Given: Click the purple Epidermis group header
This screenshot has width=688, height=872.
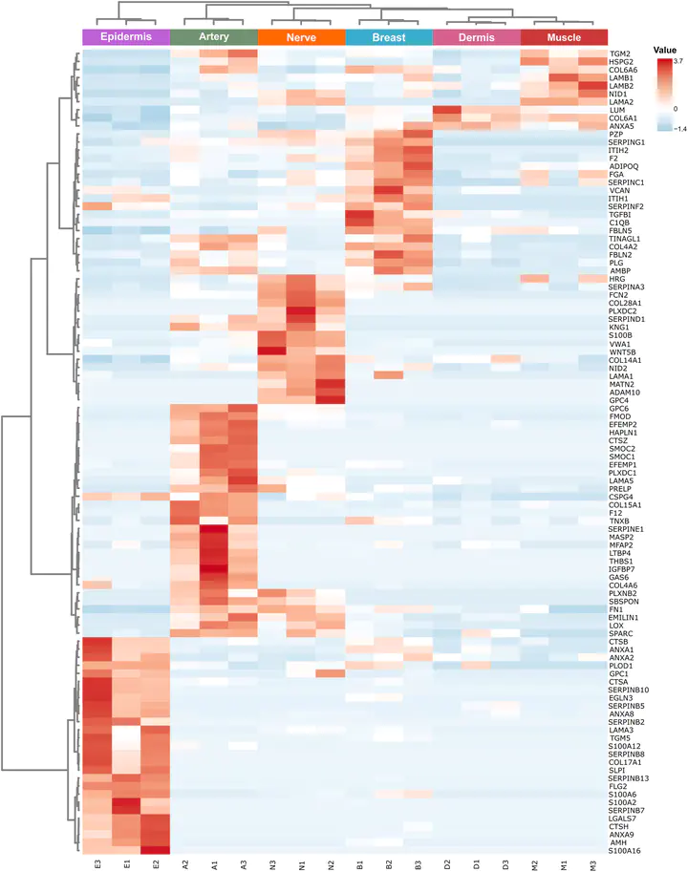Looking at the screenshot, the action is (x=126, y=37).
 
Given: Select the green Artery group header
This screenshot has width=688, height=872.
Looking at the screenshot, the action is (x=214, y=37).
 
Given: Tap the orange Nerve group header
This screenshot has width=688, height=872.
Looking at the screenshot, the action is (x=301, y=37).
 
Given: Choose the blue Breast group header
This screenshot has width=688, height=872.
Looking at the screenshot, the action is (x=389, y=37).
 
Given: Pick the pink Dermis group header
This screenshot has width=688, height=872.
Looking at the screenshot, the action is (x=477, y=37).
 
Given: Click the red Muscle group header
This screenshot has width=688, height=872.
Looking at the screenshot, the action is (x=564, y=37).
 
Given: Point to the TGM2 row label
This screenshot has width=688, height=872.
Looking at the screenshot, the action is (x=620, y=53).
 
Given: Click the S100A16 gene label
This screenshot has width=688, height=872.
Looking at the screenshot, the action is (x=624, y=851).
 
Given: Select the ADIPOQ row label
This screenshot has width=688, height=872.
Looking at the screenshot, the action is (x=623, y=166).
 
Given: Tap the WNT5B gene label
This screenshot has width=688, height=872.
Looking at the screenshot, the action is (x=622, y=352).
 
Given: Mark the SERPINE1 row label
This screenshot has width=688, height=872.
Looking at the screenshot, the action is (x=626, y=529).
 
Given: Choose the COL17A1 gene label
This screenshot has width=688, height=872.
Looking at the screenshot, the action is (x=625, y=762).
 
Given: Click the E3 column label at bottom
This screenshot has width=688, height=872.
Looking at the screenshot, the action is (x=98, y=864).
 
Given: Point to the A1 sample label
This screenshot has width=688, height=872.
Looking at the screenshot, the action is (x=215, y=864).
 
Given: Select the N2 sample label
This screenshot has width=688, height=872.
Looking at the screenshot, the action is (x=331, y=864).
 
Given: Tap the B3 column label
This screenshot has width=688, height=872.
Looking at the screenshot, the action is (x=419, y=864).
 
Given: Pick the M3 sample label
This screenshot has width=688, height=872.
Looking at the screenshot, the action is (x=593, y=864).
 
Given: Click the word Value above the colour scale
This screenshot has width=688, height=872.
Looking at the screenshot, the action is (x=665, y=50).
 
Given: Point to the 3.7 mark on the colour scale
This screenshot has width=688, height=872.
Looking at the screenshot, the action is (x=678, y=60).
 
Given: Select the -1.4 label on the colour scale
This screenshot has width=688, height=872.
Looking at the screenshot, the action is (x=679, y=129).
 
